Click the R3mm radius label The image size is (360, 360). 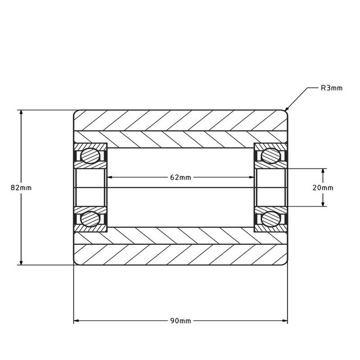331,88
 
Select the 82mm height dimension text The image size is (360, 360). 21,188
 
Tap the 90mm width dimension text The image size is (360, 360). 181,320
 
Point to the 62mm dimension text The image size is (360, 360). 181,177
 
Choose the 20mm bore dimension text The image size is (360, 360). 323,188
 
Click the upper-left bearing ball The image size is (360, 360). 91,155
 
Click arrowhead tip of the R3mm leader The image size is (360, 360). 285,111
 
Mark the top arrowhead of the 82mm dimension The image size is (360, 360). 21,111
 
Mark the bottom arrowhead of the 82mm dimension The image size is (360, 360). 21,264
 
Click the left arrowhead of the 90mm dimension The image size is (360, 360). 75,320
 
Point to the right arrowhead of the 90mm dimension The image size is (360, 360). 287,320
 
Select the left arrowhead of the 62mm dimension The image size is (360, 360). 107,177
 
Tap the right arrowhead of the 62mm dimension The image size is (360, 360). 254,177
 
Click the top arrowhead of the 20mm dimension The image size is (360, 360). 323,169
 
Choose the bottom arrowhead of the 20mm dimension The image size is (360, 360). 323,206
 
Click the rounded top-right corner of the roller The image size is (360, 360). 285,112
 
